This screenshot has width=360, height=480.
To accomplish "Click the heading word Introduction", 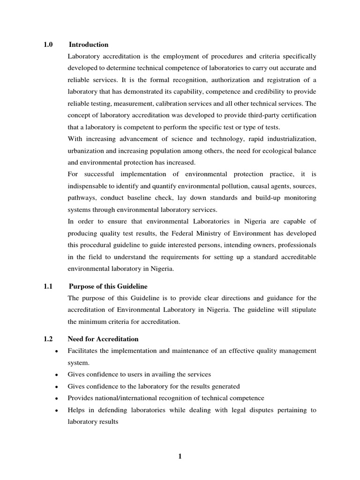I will pyautogui.click(x=89, y=45).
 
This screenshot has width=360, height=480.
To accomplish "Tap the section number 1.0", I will pyautogui.click(x=48, y=45).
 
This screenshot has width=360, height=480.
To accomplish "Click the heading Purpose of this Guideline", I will pyautogui.click(x=108, y=286).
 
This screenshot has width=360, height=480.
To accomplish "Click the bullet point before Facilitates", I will pyautogui.click(x=56, y=351).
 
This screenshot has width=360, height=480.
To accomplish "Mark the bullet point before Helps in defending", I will pyautogui.click(x=56, y=410).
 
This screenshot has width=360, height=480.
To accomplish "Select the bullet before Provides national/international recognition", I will pyautogui.click(x=56, y=398).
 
